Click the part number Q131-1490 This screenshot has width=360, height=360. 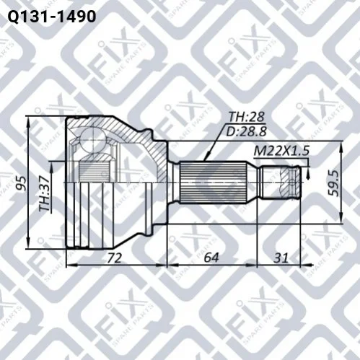point(52,17)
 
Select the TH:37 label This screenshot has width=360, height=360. point(45,193)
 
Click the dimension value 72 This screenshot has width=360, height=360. point(115,258)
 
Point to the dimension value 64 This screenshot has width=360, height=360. point(211,258)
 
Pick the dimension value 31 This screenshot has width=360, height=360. point(281,258)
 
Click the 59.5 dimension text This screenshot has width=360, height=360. point(333,183)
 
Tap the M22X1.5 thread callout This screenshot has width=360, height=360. point(281,152)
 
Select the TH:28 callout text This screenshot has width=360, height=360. point(246,117)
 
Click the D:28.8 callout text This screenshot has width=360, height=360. point(247,131)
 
